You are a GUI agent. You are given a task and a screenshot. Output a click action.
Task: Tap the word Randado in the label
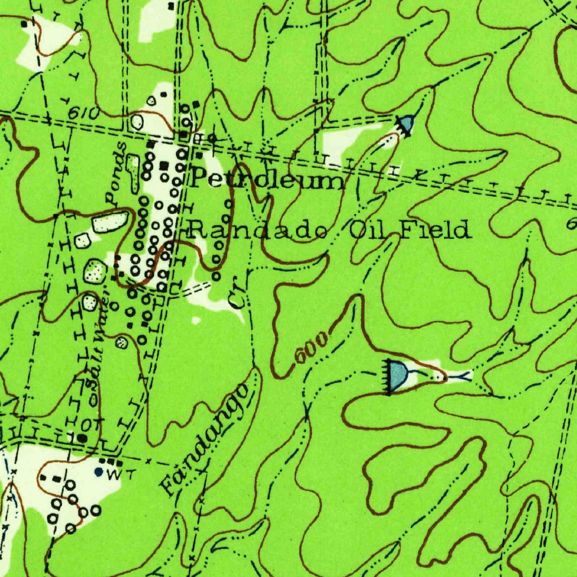click(259, 230)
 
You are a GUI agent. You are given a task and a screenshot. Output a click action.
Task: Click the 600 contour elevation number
click(310, 349)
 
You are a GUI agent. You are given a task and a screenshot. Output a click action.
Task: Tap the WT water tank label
click(114, 474)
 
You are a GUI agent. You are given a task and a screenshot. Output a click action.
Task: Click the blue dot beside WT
click(99, 472)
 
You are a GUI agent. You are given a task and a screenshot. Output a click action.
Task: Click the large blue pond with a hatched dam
click(399, 374)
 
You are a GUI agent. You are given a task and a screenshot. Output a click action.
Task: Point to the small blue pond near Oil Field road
click(407, 122)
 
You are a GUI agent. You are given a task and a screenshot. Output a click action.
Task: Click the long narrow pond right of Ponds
click(133, 171)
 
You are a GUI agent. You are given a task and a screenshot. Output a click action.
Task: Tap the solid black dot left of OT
click(83, 437)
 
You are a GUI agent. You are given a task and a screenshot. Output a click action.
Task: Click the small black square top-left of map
click(24, 24)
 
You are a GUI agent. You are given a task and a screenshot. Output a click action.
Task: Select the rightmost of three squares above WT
click(120, 463)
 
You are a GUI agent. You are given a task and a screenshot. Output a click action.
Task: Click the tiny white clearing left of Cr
click(196, 320)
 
